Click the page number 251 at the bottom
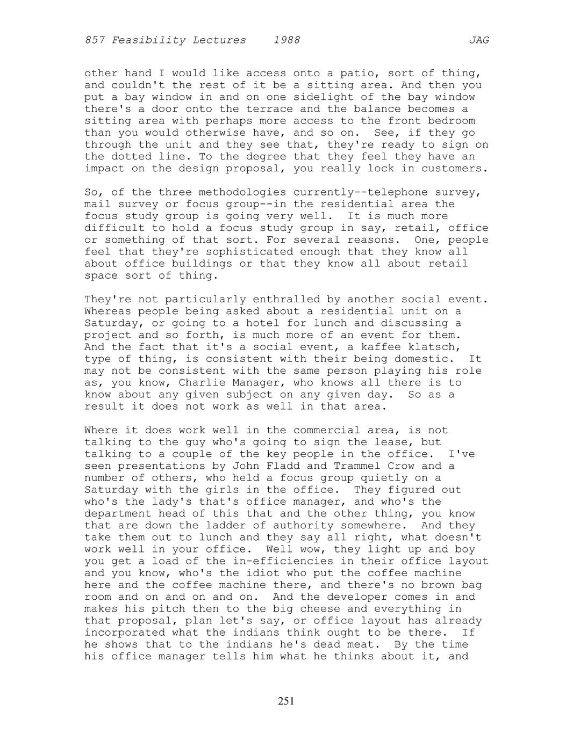tap(286, 701)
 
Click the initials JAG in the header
tap(478, 40)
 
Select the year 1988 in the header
tap(286, 40)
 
